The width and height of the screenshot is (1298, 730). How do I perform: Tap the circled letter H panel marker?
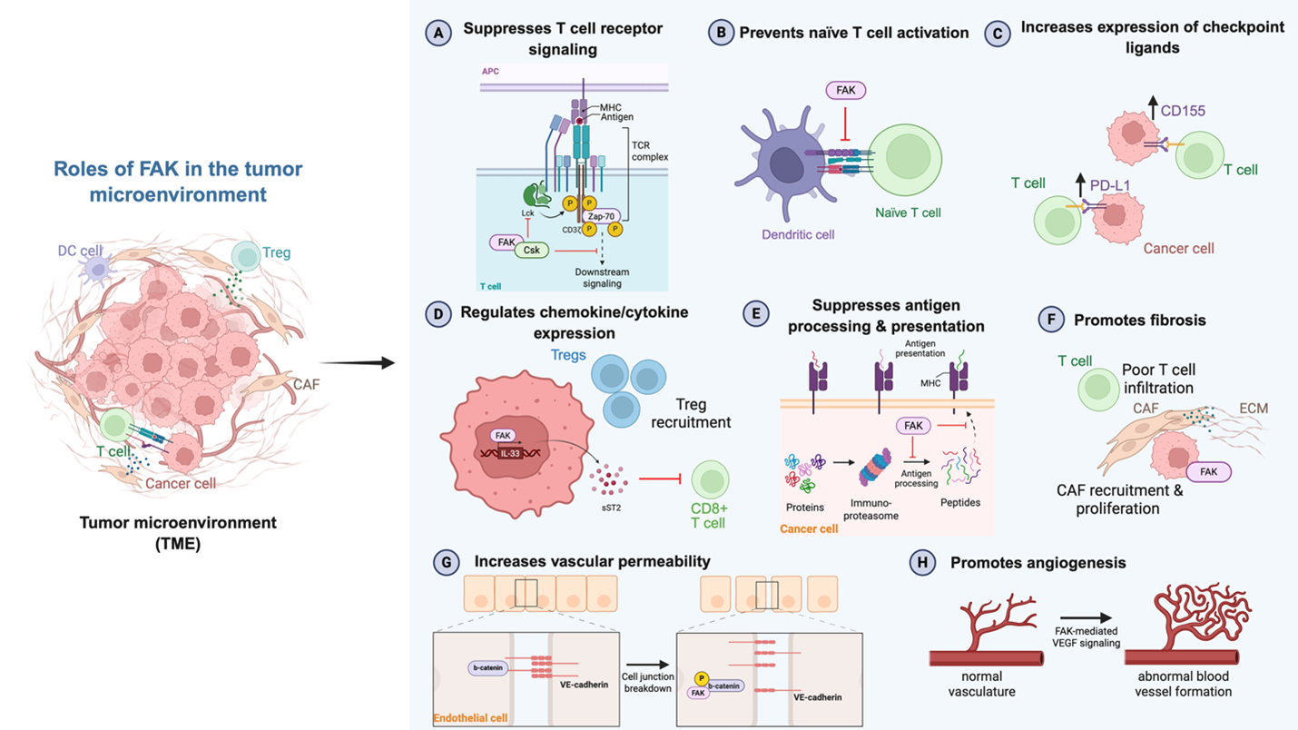pyautogui.click(x=922, y=564)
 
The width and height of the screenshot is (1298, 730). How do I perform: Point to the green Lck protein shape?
pyautogui.click(x=532, y=192)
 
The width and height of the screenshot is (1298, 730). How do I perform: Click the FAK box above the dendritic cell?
pyautogui.click(x=845, y=90)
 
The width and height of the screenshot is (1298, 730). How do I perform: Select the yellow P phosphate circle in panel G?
pyautogui.click(x=701, y=678)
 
